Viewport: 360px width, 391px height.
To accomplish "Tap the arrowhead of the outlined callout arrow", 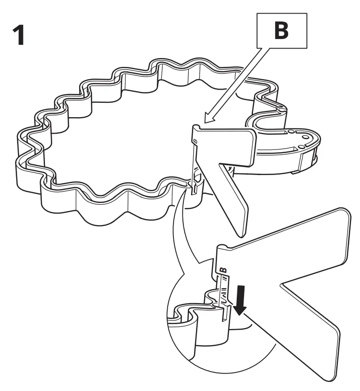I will tap(206, 119).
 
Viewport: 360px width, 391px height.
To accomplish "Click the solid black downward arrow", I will tap(241, 301).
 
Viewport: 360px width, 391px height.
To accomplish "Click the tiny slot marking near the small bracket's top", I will tap(195, 141).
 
